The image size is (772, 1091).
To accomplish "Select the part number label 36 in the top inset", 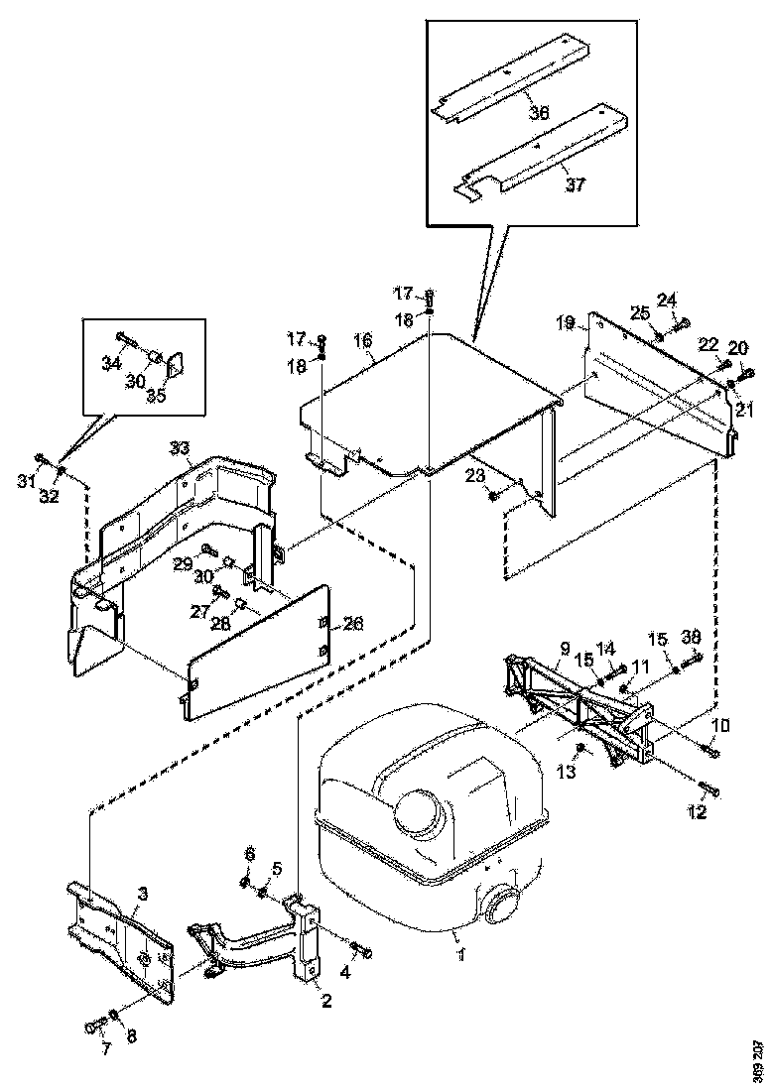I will click(538, 113).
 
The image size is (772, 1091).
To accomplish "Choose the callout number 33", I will click(179, 448).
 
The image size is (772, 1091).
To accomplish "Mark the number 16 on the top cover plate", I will click(363, 340).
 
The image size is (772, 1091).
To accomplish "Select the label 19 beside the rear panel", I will click(566, 322).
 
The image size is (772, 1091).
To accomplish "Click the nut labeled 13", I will click(581, 746).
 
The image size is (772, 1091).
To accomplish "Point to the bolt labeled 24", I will click(680, 322).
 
